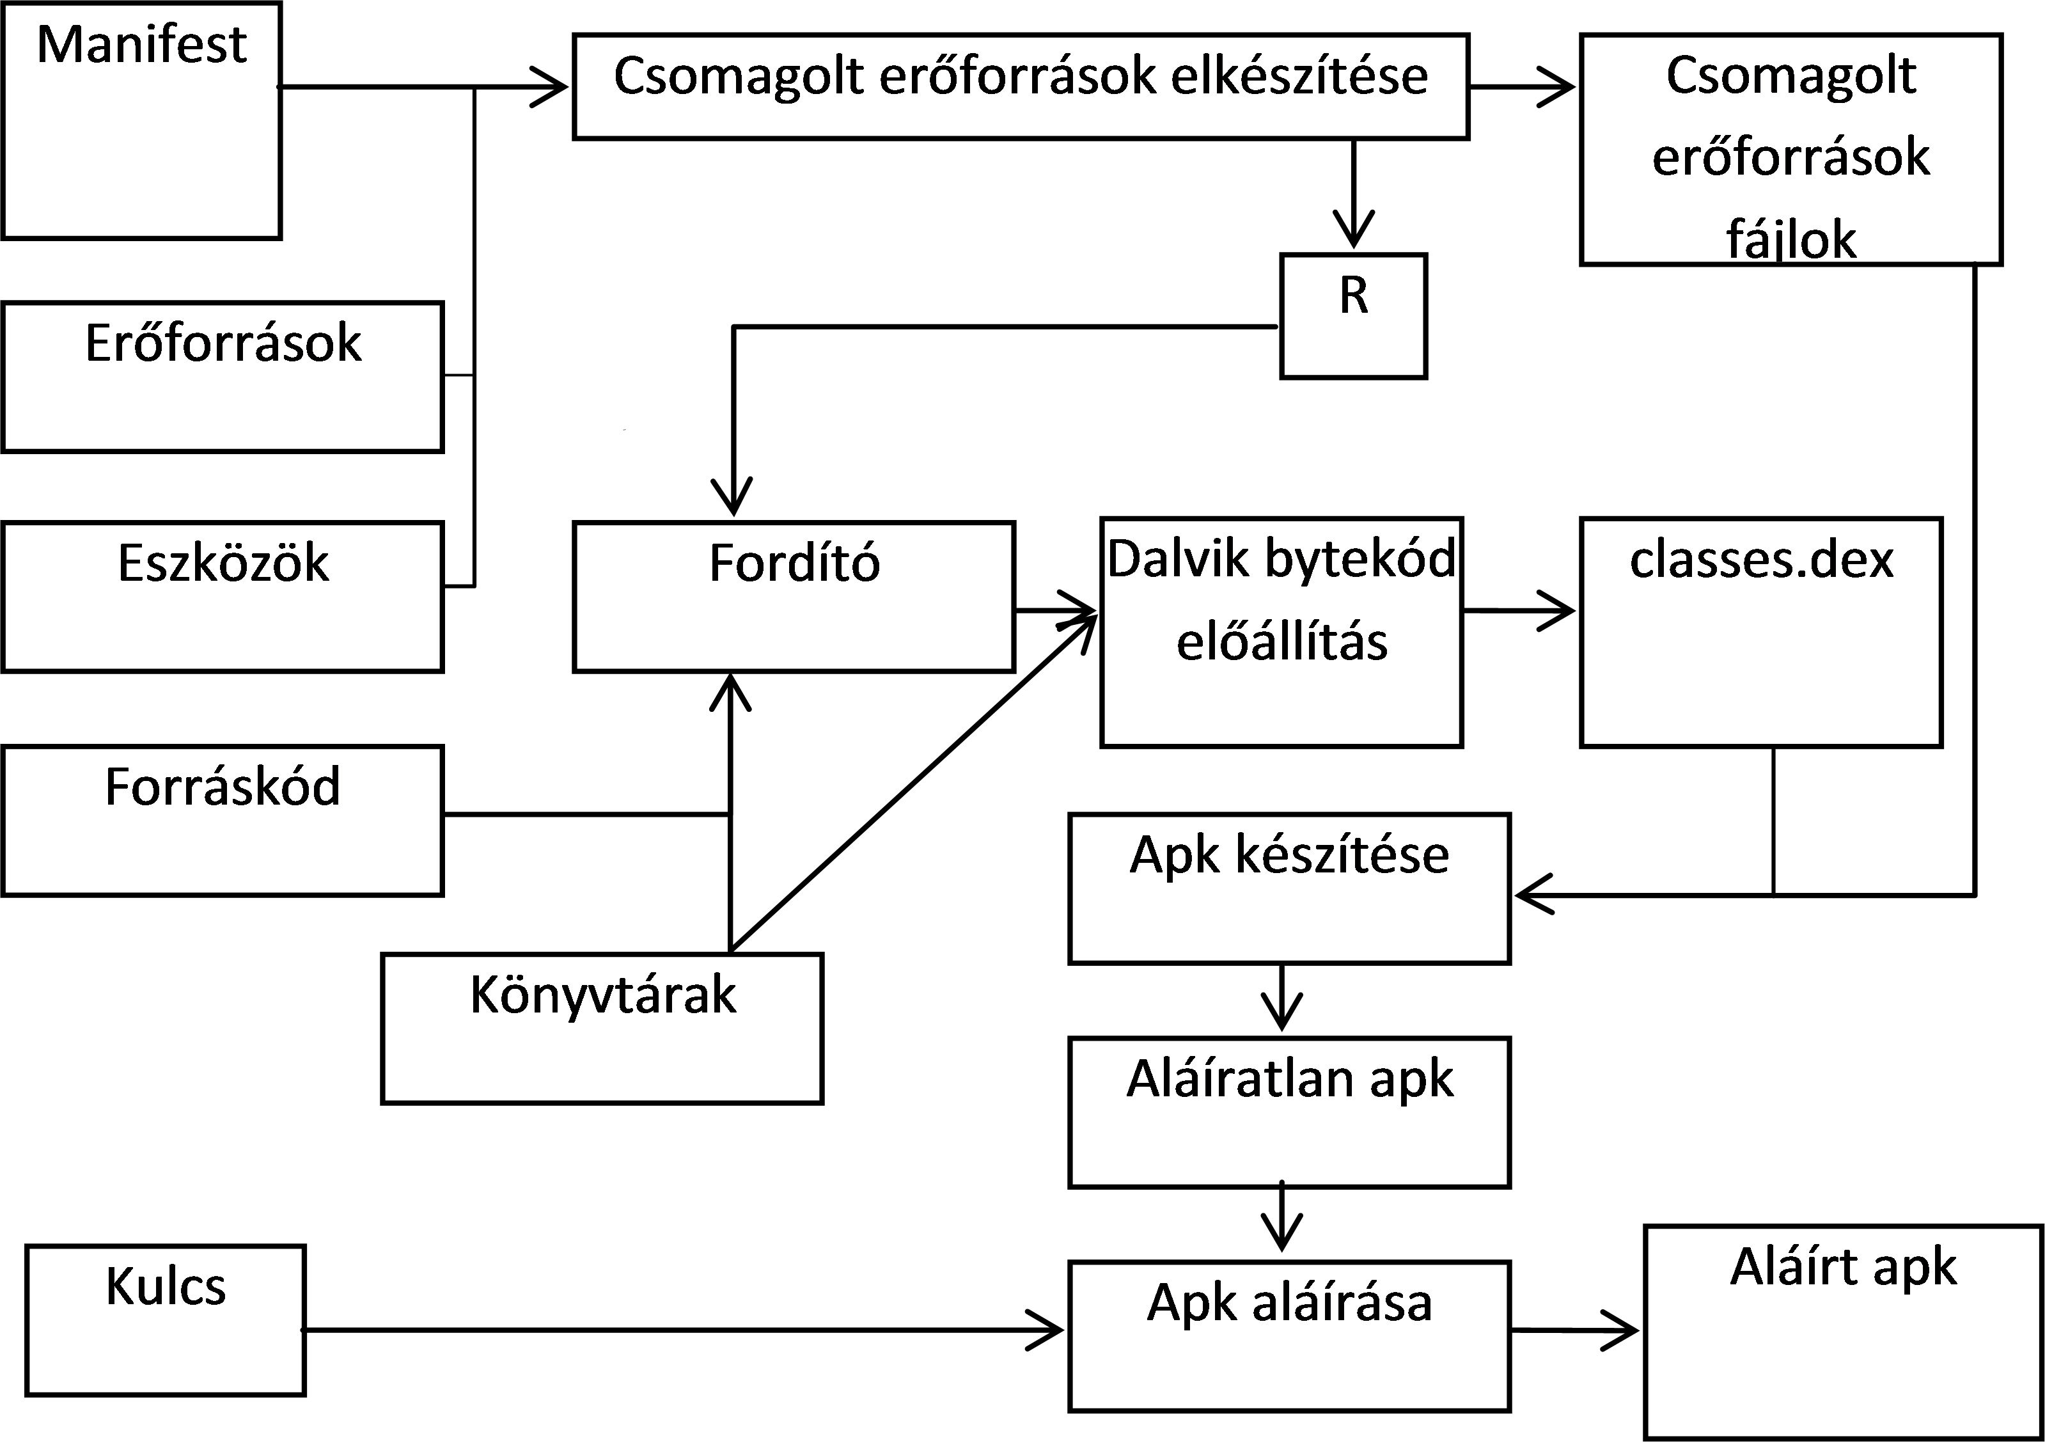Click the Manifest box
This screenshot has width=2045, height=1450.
click(141, 120)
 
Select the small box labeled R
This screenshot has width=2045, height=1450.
click(1353, 316)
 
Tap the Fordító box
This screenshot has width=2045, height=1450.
click(794, 596)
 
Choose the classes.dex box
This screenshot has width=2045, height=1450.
click(1761, 632)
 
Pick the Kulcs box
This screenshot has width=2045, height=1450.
click(165, 1320)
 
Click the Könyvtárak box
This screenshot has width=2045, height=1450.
click(602, 1028)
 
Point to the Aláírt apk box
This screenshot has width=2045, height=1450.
click(1844, 1332)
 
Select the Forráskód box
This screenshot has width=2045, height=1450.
click(223, 821)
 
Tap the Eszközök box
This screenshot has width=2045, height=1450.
click(223, 596)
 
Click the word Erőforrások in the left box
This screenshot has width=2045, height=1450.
click(223, 343)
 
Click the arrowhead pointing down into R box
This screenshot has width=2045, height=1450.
click(1353, 230)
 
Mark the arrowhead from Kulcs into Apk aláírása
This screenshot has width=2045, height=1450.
click(1044, 1330)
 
